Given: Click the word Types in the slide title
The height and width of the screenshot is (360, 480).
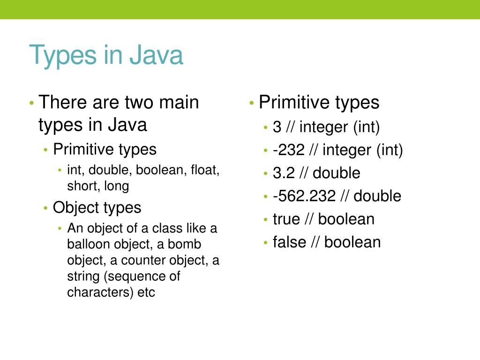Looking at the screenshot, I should tap(62, 56).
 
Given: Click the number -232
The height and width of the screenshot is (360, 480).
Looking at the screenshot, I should tap(289, 150).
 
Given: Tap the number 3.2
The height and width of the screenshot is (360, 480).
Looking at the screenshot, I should tap(284, 173).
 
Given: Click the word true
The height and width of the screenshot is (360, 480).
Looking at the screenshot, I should tap(288, 219).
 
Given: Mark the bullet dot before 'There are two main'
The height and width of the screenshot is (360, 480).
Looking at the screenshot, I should tap(31, 103).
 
